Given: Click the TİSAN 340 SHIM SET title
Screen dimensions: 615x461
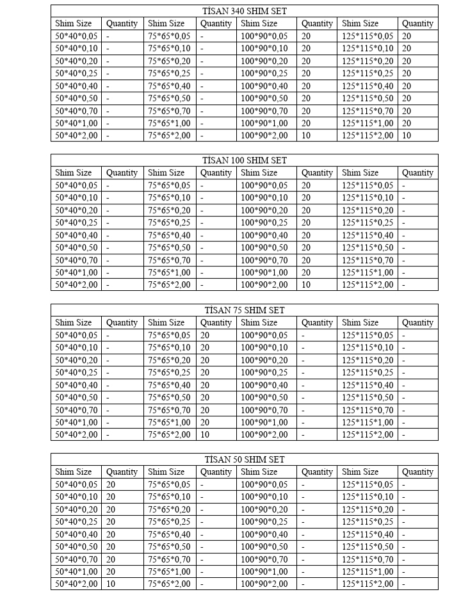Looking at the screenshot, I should [x=245, y=11].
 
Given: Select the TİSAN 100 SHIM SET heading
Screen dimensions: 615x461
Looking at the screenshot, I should [x=245, y=160].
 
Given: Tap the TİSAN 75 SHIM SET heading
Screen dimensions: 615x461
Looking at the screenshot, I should [x=245, y=310].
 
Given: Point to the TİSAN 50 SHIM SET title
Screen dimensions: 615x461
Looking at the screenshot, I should [x=245, y=459].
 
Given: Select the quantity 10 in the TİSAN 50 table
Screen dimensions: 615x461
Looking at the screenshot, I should [x=111, y=584].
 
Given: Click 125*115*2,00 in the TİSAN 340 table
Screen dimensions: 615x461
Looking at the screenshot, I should [x=368, y=135].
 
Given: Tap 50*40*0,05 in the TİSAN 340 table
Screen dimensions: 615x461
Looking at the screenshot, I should [x=76, y=36].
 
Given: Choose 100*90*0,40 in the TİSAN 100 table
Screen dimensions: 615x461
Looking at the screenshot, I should [x=264, y=235].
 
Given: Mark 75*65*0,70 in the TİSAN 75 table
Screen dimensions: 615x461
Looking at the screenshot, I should [x=169, y=410].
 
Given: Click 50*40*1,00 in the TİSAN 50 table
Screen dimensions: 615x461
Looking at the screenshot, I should [x=76, y=571].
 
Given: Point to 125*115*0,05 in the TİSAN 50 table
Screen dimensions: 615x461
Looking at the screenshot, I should [x=368, y=484].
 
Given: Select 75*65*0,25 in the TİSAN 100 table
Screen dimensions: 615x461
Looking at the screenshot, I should [x=169, y=222].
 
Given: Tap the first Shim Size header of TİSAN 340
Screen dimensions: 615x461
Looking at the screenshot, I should [x=73, y=23].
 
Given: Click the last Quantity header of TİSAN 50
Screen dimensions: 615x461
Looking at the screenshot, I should [x=417, y=471].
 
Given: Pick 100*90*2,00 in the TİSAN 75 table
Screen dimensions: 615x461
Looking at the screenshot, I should [x=264, y=434].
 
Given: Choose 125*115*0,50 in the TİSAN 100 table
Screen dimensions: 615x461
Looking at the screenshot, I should [x=368, y=247].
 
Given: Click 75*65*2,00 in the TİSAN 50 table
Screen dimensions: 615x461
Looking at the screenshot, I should [x=169, y=584].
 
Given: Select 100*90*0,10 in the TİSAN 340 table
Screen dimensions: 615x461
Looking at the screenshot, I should [x=264, y=48].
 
